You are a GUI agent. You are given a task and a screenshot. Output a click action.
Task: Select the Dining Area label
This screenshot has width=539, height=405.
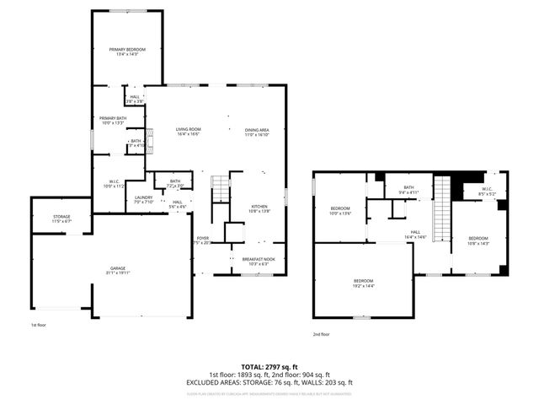coord(256,131)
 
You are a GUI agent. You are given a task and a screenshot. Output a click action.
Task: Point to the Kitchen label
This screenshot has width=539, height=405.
coord(259,208)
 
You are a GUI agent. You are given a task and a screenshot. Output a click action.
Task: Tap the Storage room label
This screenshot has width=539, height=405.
coord(61,219)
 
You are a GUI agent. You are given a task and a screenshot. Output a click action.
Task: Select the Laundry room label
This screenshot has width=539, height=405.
coord(143,199)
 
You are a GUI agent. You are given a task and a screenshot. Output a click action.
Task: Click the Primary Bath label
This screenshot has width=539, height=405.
coord(112,120)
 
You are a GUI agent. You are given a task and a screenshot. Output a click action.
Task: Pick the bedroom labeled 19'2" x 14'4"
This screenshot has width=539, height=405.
coord(363,283)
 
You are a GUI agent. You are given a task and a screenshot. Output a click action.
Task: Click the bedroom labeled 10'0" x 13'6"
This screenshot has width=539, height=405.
coord(339,211)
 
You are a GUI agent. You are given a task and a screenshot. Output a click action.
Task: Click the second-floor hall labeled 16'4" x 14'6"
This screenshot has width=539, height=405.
coord(415,235)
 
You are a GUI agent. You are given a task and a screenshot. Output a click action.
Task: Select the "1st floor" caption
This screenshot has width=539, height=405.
coord(40,325)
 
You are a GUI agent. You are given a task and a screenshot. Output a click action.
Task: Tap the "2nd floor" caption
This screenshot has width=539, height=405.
coord(321,334)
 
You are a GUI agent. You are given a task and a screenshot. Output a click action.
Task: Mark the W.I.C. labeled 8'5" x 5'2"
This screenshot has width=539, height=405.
coord(488,191)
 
